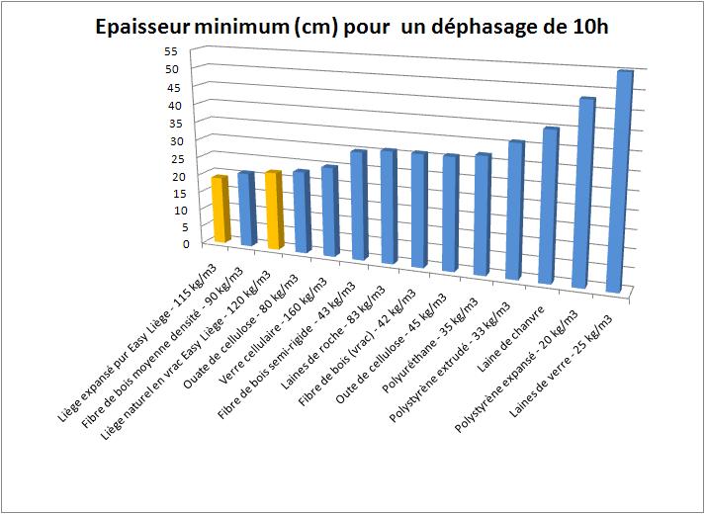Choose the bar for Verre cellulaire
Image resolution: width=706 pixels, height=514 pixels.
click(329, 212)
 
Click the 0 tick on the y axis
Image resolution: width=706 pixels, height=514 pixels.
click(173, 242)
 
